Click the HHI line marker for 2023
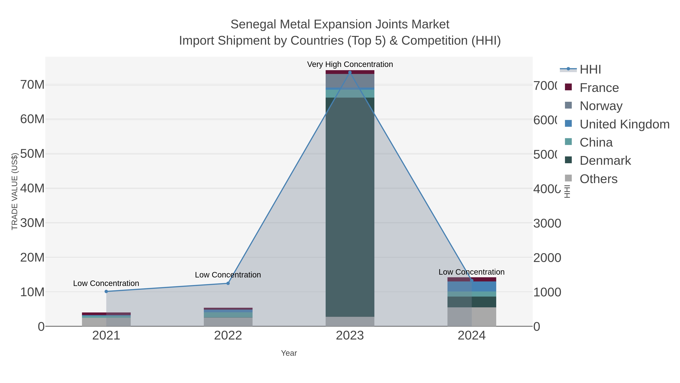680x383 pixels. click(x=350, y=72)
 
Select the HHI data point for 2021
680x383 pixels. click(x=106, y=291)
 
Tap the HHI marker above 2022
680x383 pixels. click(x=228, y=283)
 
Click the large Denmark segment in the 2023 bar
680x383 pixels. click(x=350, y=206)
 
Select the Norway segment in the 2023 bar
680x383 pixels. click(x=350, y=81)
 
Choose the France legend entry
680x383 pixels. click(x=599, y=88)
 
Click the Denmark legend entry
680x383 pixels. click(x=605, y=161)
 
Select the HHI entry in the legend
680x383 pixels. click(x=590, y=70)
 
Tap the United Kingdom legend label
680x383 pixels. click(x=624, y=124)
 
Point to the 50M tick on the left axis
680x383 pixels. click(x=32, y=154)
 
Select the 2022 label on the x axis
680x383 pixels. click(x=228, y=336)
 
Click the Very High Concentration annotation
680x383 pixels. click(x=350, y=64)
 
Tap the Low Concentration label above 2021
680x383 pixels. click(x=106, y=283)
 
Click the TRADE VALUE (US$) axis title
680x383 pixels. click(x=15, y=191)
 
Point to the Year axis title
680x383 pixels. click(x=289, y=353)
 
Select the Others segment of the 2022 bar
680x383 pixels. click(x=228, y=322)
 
